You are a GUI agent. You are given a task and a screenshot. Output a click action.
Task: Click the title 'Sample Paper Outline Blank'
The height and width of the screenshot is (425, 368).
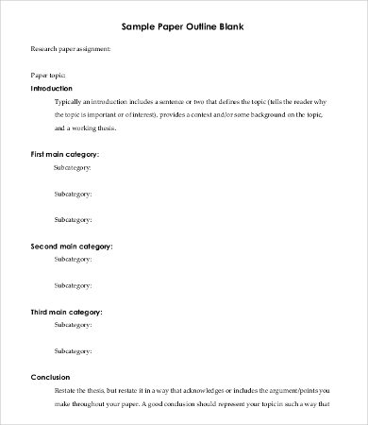tap(183, 26)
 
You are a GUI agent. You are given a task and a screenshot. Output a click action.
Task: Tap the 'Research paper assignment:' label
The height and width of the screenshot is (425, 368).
tap(71, 48)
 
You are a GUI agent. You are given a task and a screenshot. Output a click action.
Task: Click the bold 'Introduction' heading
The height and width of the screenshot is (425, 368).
tap(58, 88)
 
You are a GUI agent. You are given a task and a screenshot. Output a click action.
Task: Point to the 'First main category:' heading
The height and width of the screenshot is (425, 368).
tap(66, 153)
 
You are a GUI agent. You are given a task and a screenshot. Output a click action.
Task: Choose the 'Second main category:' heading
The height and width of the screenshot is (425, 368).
tap(72, 246)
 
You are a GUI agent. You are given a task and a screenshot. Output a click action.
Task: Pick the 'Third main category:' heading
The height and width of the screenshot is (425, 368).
tap(67, 311)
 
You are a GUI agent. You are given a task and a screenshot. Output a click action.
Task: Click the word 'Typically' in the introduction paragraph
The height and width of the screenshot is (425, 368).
tap(70, 100)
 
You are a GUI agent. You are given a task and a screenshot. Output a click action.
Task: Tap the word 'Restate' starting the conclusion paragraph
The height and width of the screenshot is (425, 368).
tap(67, 389)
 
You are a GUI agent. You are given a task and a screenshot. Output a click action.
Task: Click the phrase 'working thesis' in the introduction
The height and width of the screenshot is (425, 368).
tap(114, 127)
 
